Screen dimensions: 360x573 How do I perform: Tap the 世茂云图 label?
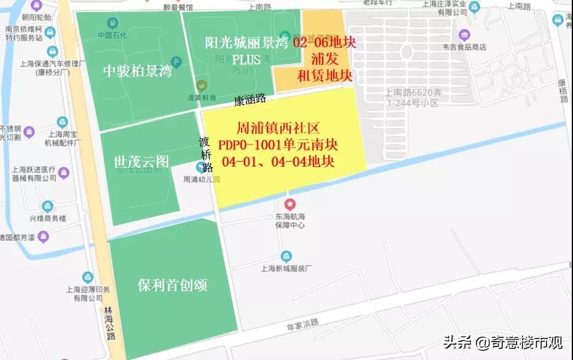[141, 162]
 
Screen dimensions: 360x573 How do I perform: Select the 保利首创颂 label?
[172, 286]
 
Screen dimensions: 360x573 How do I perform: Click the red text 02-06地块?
[325, 43]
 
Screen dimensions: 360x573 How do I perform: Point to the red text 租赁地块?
[325, 76]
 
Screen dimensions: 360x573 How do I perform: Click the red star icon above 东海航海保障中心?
[290, 204]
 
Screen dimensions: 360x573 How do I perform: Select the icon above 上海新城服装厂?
[286, 256]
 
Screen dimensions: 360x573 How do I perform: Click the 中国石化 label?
[112, 35]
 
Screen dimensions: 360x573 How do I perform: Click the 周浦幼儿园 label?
[201, 180]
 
